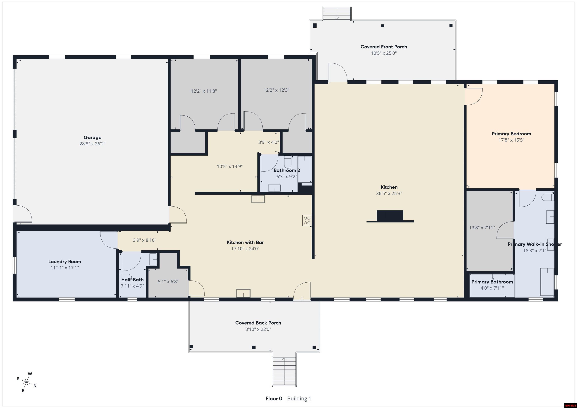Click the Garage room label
click(x=92, y=137)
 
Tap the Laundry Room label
click(x=65, y=262)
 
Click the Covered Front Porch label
click(x=384, y=47)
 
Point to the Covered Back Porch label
click(x=258, y=323)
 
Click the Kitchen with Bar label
click(x=245, y=242)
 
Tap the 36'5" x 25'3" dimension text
click(x=389, y=193)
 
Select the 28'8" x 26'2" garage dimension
click(x=92, y=144)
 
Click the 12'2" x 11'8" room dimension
click(x=204, y=91)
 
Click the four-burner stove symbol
click(x=307, y=220)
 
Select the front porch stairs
click(x=337, y=14)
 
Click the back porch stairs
click(x=284, y=371)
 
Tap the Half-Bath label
click(x=132, y=280)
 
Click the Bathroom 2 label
click(x=287, y=170)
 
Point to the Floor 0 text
click(x=274, y=398)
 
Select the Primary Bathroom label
click(x=492, y=282)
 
